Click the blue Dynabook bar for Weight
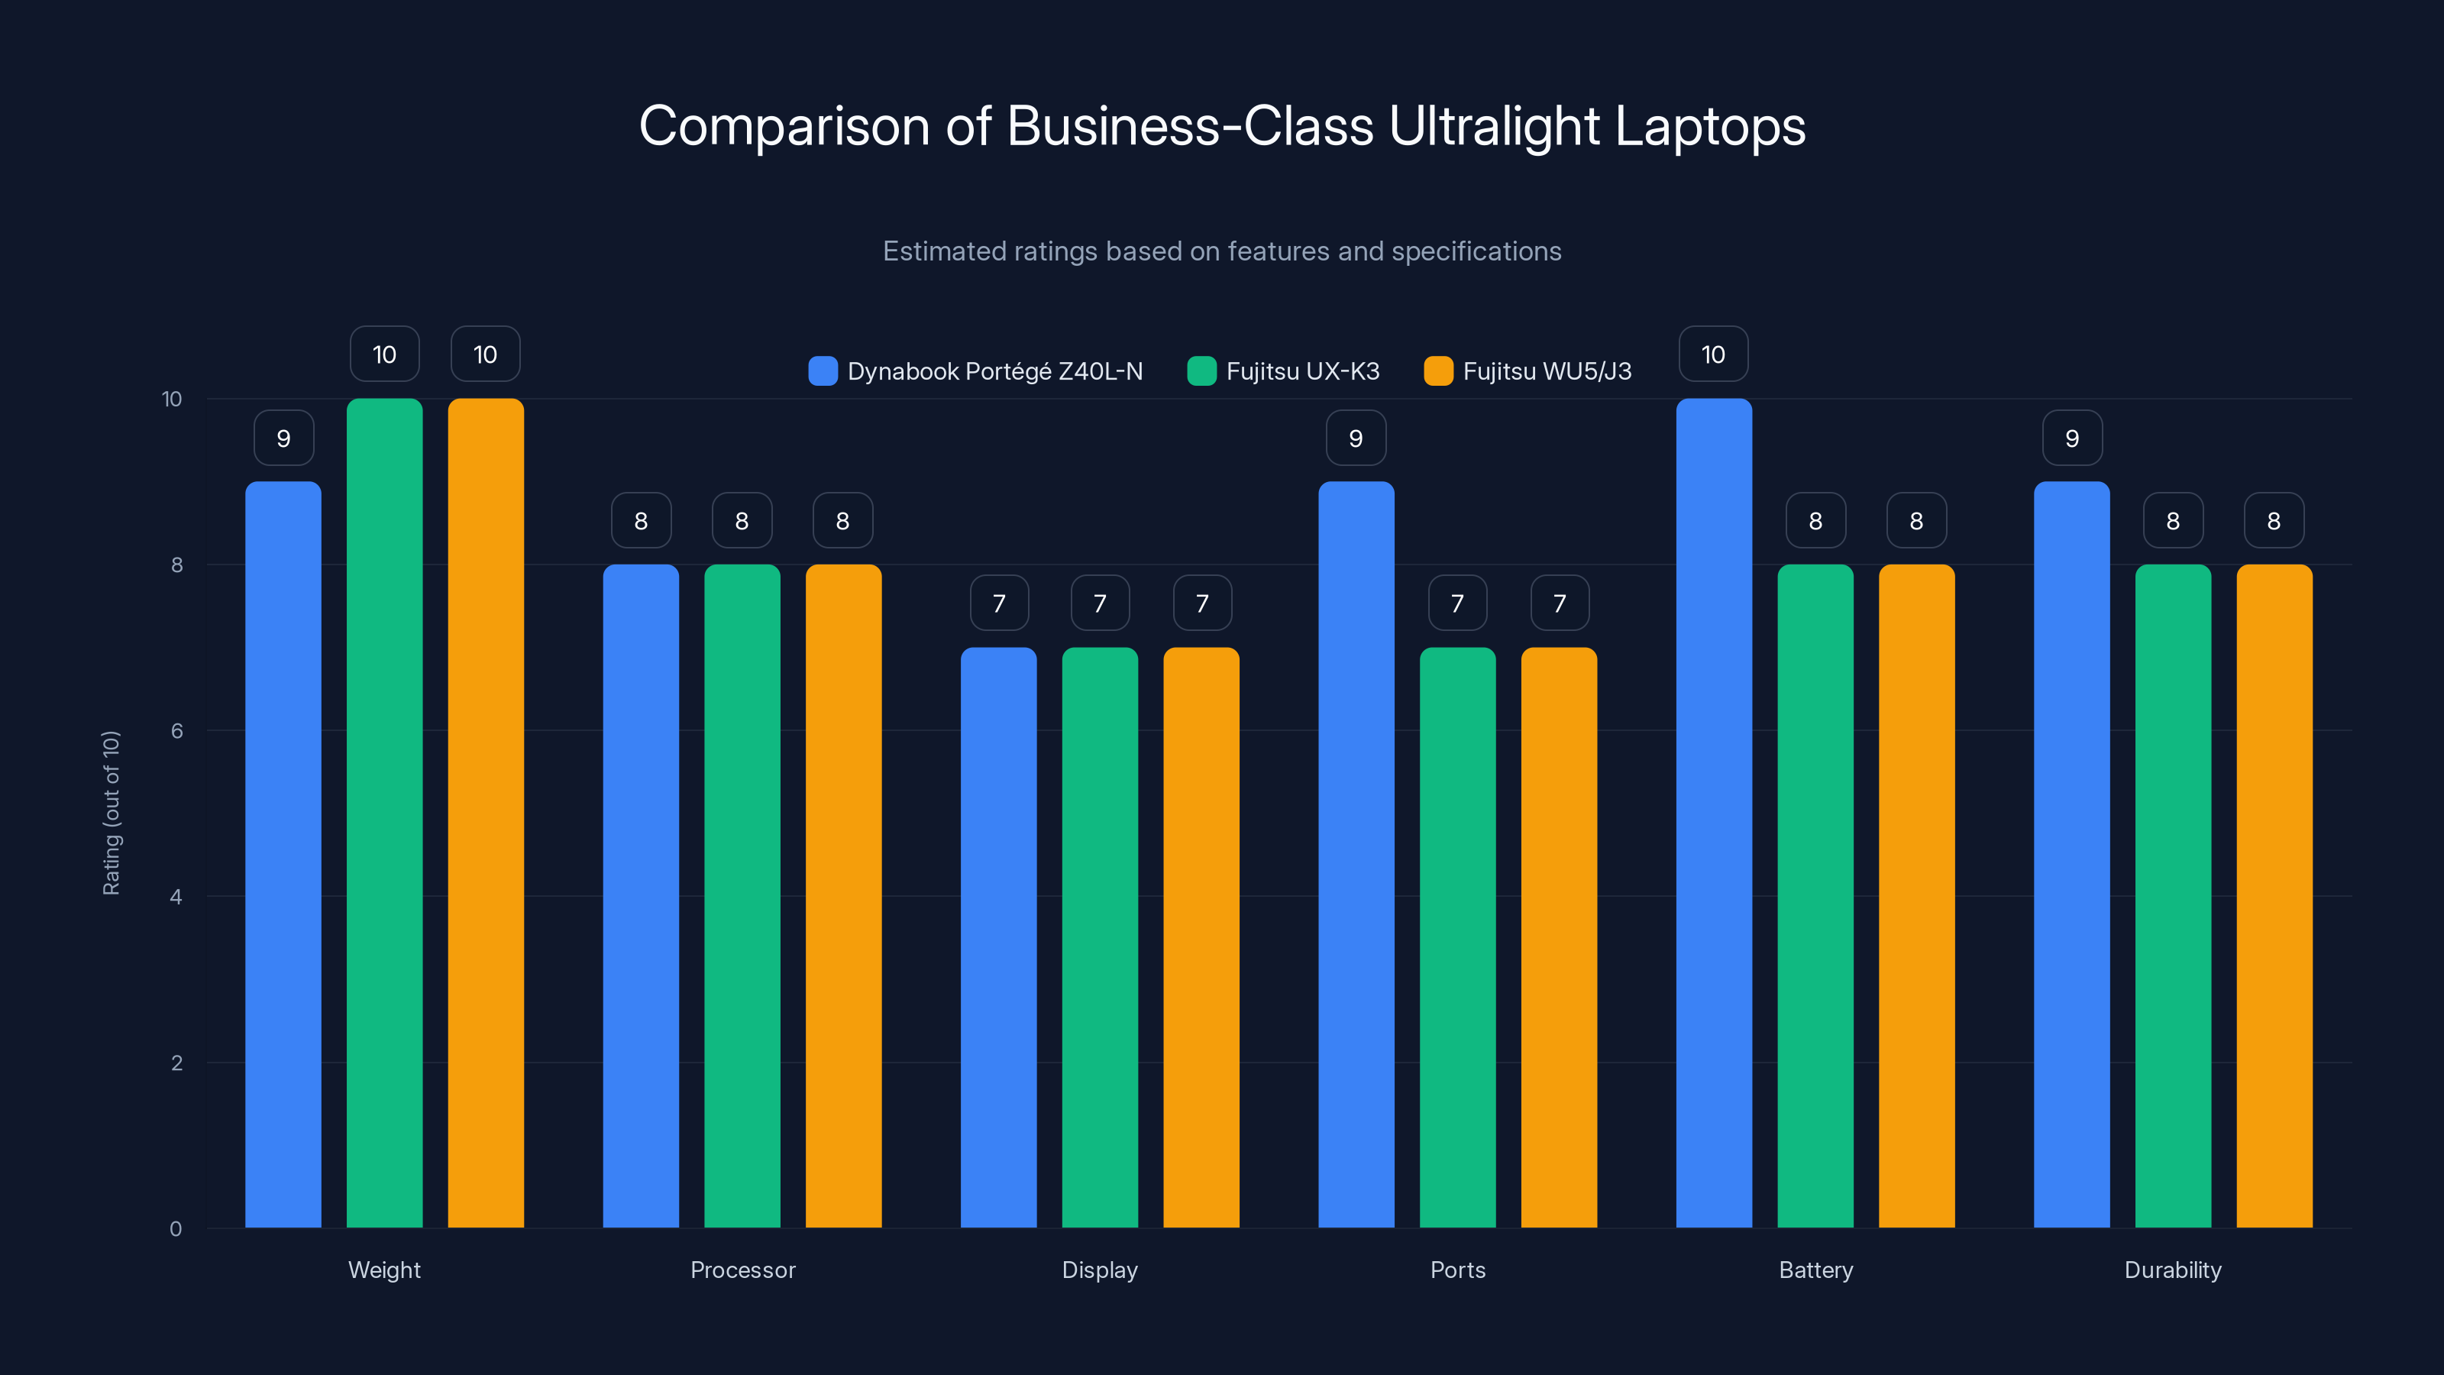pyautogui.click(x=283, y=854)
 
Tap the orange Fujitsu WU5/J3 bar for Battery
pyautogui.click(x=1916, y=896)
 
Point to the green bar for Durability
pyautogui.click(x=2173, y=896)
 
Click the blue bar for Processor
pyautogui.click(x=641, y=896)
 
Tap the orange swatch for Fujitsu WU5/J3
pyautogui.click(x=1438, y=371)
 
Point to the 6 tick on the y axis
pyautogui.click(x=176, y=731)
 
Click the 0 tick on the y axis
pyautogui.click(x=176, y=1229)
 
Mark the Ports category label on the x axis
pyautogui.click(x=1457, y=1270)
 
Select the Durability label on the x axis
pyautogui.click(x=2173, y=1270)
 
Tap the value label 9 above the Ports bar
pyautogui.click(x=1356, y=438)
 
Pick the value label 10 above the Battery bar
pyautogui.click(x=1713, y=355)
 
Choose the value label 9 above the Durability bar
pyautogui.click(x=2072, y=438)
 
